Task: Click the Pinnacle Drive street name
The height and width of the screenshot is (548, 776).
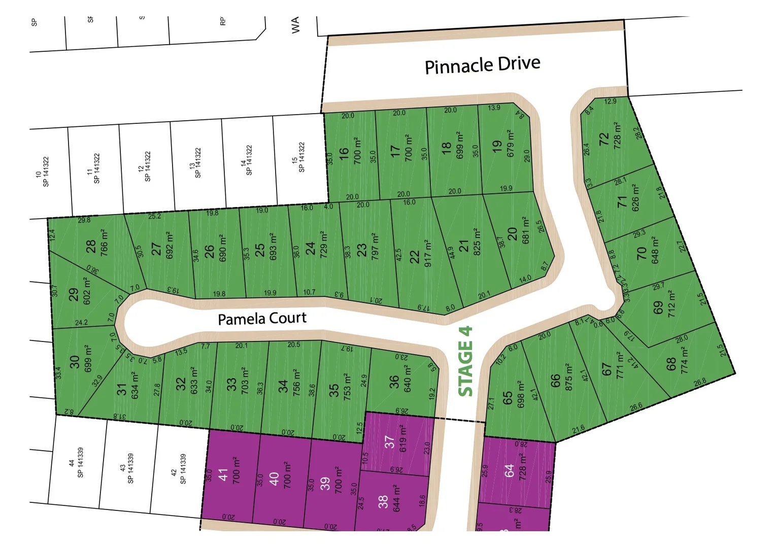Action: tap(482, 65)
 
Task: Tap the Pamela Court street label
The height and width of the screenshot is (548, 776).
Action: tap(262, 319)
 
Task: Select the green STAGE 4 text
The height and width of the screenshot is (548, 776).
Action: tap(465, 361)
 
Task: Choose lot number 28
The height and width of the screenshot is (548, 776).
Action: tap(91, 247)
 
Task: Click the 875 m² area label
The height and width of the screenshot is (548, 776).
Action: tap(568, 377)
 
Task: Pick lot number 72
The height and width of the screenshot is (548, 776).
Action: tap(603, 138)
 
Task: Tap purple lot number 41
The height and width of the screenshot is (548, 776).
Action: tap(223, 475)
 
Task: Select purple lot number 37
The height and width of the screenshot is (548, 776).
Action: tap(389, 442)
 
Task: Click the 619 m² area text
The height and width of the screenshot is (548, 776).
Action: tap(403, 439)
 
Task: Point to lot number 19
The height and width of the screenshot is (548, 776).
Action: tap(497, 147)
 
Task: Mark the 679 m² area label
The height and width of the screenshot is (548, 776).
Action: tap(511, 144)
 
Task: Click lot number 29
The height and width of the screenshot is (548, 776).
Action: tap(74, 295)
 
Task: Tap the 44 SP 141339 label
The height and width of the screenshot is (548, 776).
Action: tap(76, 462)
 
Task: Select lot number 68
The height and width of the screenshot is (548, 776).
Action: tap(670, 364)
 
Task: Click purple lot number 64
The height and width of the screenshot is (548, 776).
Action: tap(510, 470)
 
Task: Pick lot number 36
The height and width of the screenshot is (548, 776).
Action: tap(394, 382)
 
